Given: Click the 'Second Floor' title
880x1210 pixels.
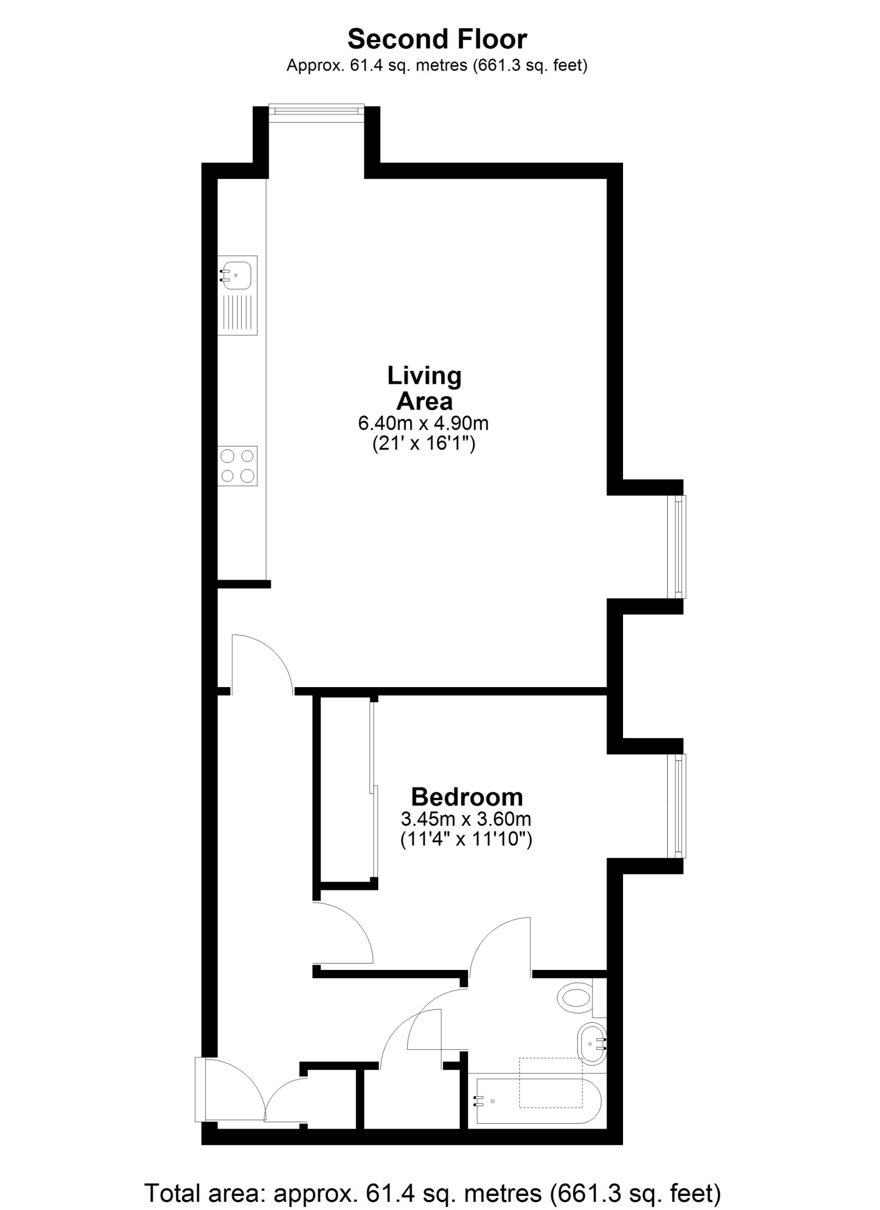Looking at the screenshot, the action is click(x=437, y=39).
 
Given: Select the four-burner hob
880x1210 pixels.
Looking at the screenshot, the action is click(x=238, y=465).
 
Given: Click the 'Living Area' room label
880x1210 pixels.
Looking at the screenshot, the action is click(x=424, y=388).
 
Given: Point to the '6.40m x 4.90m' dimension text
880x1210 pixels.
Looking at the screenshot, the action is click(x=424, y=423).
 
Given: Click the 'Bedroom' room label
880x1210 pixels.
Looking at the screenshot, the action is click(x=467, y=797).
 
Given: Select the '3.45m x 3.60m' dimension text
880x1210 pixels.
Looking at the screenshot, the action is click(x=466, y=818).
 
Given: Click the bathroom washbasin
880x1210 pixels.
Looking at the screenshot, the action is click(x=592, y=1044).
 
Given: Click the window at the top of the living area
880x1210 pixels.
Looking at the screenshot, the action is click(x=317, y=113).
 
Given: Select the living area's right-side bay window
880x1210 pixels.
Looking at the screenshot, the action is click(x=677, y=547).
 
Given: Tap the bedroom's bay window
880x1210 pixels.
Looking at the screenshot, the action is click(x=677, y=806).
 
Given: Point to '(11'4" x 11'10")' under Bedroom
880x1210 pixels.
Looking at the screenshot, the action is click(x=466, y=839).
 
